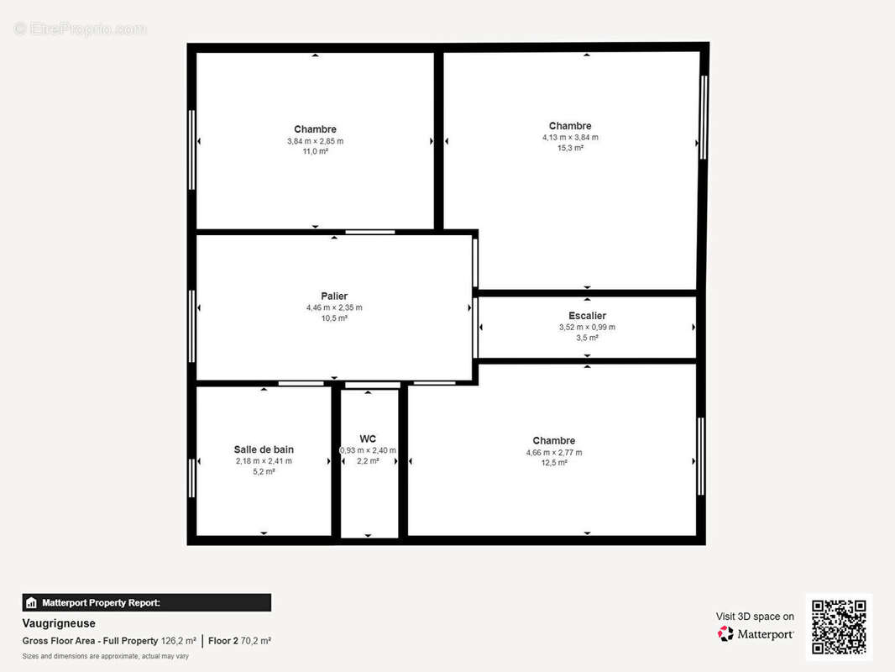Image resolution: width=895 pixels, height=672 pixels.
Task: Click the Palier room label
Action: (334, 296)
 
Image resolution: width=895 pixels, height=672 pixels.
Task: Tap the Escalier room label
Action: (587, 316)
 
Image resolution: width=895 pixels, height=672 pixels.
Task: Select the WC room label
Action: (368, 438)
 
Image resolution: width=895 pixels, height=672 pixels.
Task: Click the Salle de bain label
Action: (264, 449)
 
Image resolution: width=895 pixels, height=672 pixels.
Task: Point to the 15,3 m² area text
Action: (570, 148)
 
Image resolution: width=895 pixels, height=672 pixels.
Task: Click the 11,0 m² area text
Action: (315, 151)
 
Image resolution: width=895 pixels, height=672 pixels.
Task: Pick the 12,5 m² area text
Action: (553, 463)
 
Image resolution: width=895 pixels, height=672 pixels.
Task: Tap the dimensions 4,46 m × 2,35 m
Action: (334, 307)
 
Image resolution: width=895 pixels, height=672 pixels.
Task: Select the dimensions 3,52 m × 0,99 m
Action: (587, 327)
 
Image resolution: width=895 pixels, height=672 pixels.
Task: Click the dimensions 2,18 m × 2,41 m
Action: (264, 461)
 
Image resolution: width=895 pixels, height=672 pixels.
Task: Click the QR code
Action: (839, 627)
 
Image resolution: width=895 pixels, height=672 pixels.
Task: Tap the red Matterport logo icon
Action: (725, 633)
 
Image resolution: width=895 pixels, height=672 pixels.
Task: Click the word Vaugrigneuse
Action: (59, 623)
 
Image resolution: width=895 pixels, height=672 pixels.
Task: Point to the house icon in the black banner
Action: (31, 602)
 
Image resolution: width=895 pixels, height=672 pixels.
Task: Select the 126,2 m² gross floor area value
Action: (179, 641)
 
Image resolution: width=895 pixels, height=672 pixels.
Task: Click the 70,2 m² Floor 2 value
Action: (256, 641)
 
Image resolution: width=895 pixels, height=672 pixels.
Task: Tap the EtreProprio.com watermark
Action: (81, 29)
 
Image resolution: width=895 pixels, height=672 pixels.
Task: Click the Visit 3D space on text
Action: (755, 617)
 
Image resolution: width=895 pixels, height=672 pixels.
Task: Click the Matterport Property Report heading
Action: (101, 602)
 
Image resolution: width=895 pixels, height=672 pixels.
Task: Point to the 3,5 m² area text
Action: (587, 338)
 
